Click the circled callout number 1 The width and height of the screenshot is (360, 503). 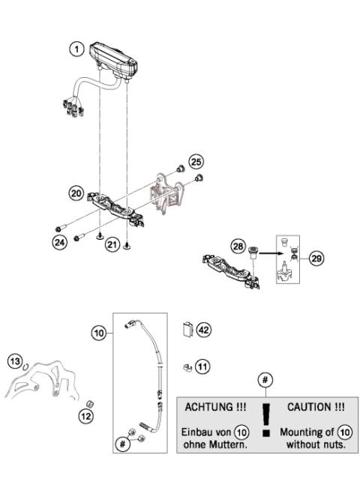pos(75,49)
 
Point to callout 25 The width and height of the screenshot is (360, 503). pos(196,161)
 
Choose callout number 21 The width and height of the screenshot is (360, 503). pos(112,244)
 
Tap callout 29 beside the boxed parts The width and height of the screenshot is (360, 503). pos(317,259)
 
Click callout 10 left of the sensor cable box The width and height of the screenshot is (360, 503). pos(99,332)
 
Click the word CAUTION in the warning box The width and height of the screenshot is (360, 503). pos(315,407)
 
